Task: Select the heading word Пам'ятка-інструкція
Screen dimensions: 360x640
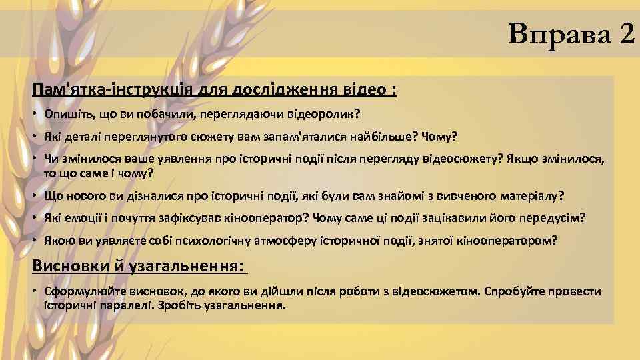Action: [x=99, y=89]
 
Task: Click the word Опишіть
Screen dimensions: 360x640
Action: [x=65, y=113]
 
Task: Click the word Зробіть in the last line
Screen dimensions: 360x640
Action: [x=180, y=305]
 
